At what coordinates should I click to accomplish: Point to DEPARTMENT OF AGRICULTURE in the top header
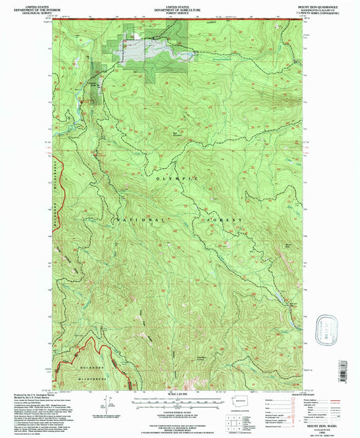click(180, 8)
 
